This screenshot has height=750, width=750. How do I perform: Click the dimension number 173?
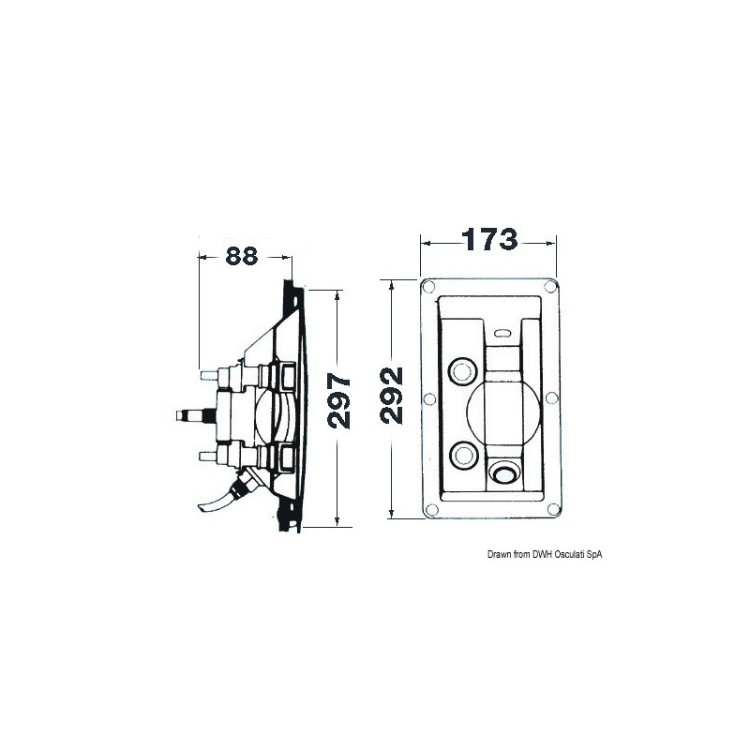[489, 240]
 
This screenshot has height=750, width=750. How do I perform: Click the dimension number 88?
[242, 256]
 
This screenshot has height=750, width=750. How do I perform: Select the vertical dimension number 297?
[339, 402]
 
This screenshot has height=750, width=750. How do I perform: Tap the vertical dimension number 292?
[391, 396]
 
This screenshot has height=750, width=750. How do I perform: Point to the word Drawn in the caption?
[499, 554]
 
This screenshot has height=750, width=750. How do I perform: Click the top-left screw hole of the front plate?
[428, 287]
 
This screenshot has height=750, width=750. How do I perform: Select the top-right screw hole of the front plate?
[550, 287]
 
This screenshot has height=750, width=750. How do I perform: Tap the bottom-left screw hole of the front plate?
[431, 509]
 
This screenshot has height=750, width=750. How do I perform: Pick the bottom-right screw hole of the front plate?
[553, 509]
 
